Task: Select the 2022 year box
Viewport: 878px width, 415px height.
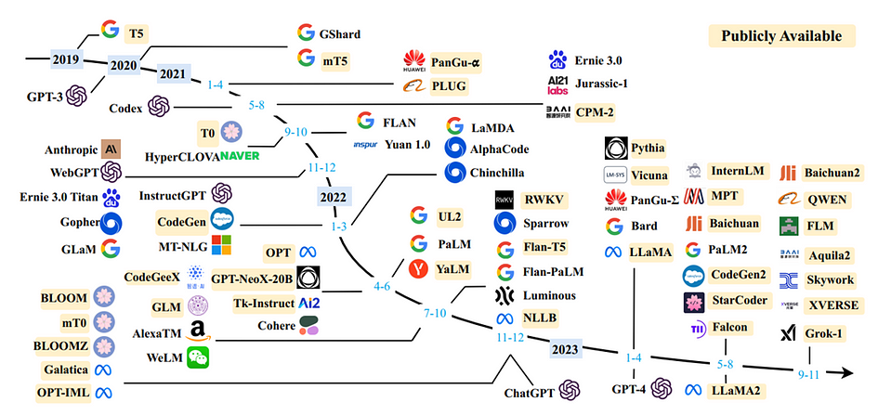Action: [334, 197]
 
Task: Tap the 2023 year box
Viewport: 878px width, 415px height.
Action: [565, 349]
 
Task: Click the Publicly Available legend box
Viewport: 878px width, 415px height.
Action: [781, 36]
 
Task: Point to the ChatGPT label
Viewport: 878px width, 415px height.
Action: [530, 393]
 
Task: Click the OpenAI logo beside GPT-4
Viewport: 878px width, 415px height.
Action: [661, 387]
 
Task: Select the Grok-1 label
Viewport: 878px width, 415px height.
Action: [824, 334]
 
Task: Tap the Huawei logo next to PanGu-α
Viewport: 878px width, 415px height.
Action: [414, 61]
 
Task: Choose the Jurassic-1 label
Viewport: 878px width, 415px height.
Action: [601, 84]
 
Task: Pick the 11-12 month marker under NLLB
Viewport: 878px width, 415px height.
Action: [509, 337]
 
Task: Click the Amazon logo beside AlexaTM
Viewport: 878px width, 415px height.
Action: [199, 331]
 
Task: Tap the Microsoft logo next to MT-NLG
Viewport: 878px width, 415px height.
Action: [220, 244]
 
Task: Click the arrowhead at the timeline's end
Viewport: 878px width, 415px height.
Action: [847, 373]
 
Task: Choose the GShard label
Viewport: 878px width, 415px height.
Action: [340, 34]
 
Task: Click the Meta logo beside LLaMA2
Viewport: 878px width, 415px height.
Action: [694, 390]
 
